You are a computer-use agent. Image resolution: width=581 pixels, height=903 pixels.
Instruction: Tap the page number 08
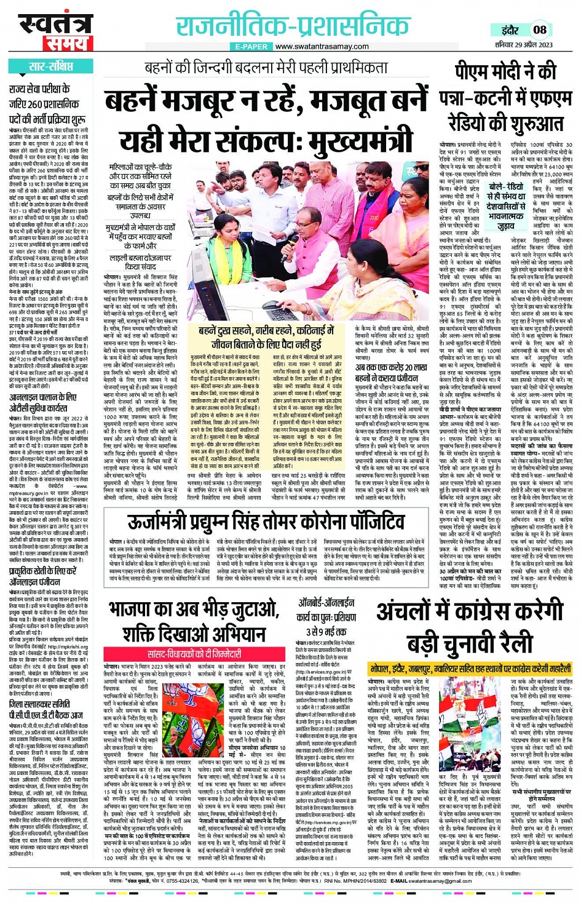click(539, 30)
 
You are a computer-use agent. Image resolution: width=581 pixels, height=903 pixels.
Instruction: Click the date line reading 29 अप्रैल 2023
click(533, 44)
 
